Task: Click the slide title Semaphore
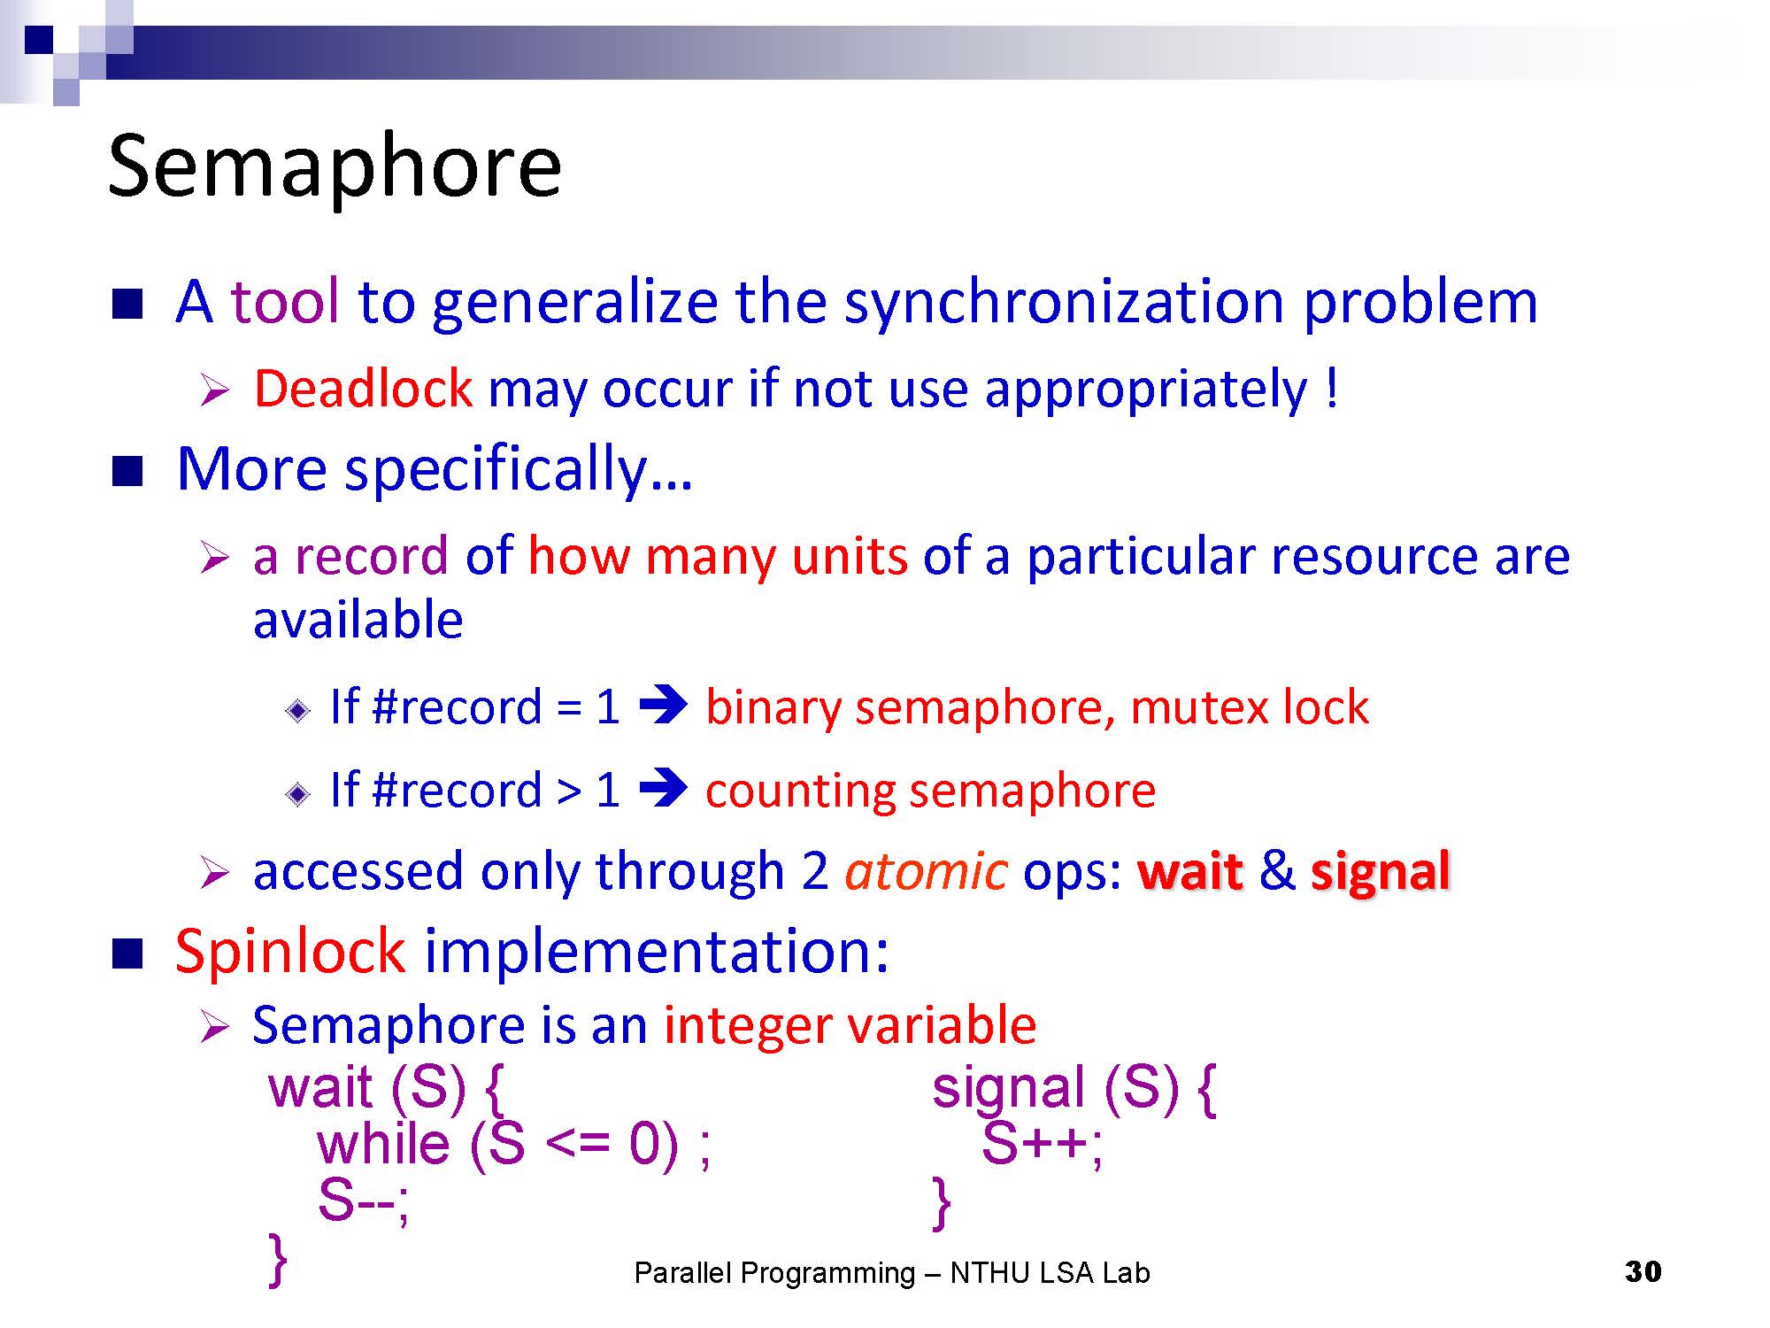[335, 166]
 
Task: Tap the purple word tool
[285, 301]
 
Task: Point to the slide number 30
[1643, 1271]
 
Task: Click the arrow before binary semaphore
[663, 706]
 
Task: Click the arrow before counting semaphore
[663, 788]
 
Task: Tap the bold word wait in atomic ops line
[1190, 871]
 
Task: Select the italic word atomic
[926, 871]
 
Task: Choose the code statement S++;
[1043, 1144]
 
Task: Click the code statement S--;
[363, 1201]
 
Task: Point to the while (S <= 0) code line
[513, 1144]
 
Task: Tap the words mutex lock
[1250, 707]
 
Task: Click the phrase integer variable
[850, 1025]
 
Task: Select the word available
[358, 619]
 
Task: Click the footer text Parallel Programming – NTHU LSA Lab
[892, 1273]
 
